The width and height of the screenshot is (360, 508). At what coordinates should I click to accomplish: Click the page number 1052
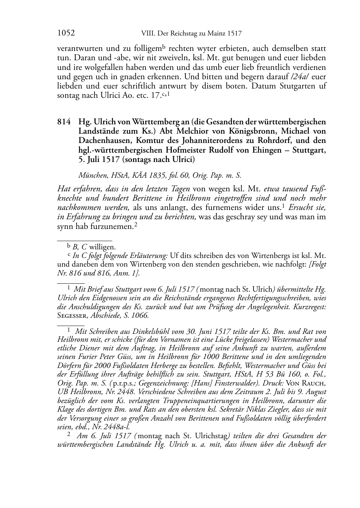pyautogui.click(x=66, y=33)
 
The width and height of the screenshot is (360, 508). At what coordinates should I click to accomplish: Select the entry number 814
pyautogui.click(x=63, y=122)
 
